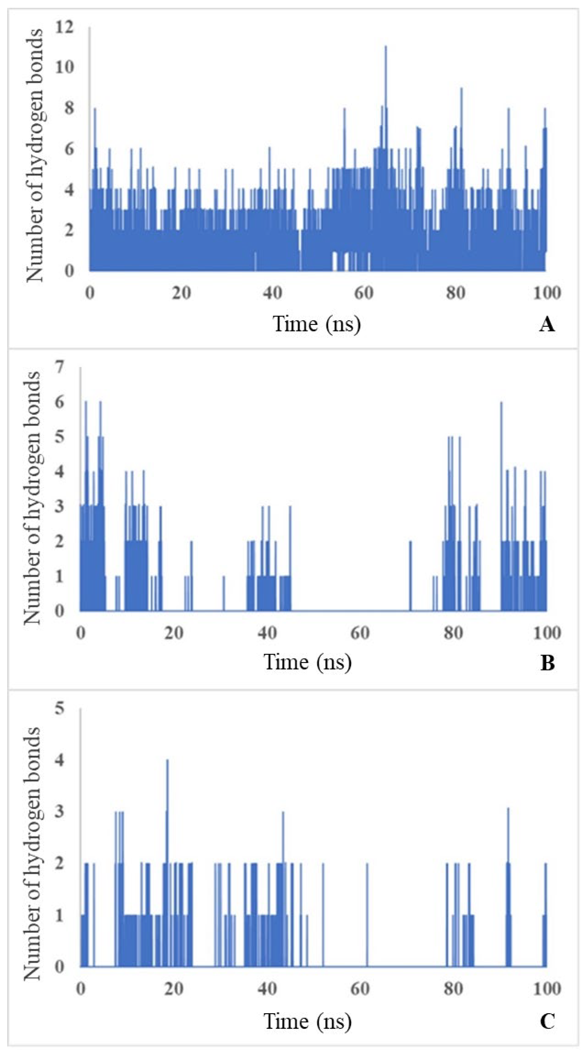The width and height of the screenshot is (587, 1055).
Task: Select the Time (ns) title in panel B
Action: click(x=307, y=662)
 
